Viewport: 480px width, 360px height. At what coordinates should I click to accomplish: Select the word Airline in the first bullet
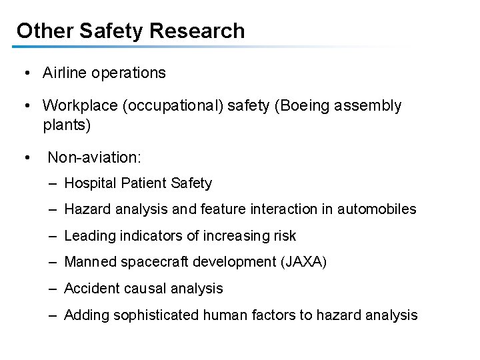click(65, 73)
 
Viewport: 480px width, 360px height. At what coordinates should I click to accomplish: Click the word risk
click(283, 235)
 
